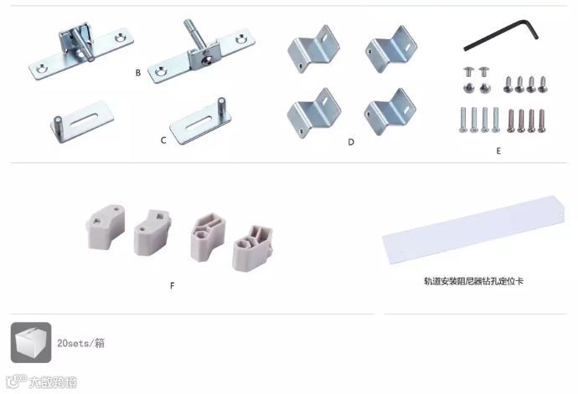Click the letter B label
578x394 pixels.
click(x=138, y=73)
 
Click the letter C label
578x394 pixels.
click(x=163, y=141)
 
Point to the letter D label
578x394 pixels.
click(x=351, y=141)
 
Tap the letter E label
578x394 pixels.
click(x=498, y=151)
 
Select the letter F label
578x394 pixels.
click(x=173, y=285)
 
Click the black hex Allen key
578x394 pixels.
click(x=501, y=35)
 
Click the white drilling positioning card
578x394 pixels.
click(x=473, y=229)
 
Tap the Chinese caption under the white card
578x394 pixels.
click(x=473, y=281)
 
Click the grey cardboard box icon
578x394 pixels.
click(x=31, y=342)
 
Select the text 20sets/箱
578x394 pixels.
click(x=80, y=343)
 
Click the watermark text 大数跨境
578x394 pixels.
click(x=53, y=382)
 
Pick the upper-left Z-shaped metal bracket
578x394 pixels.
click(x=313, y=49)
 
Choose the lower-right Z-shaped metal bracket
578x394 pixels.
click(x=390, y=111)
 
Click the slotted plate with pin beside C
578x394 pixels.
click(x=200, y=120)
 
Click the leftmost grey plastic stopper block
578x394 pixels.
click(x=106, y=227)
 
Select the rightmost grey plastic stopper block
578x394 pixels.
click(x=252, y=248)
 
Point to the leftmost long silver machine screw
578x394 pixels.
click(x=463, y=120)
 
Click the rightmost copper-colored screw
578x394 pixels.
click(x=541, y=120)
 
